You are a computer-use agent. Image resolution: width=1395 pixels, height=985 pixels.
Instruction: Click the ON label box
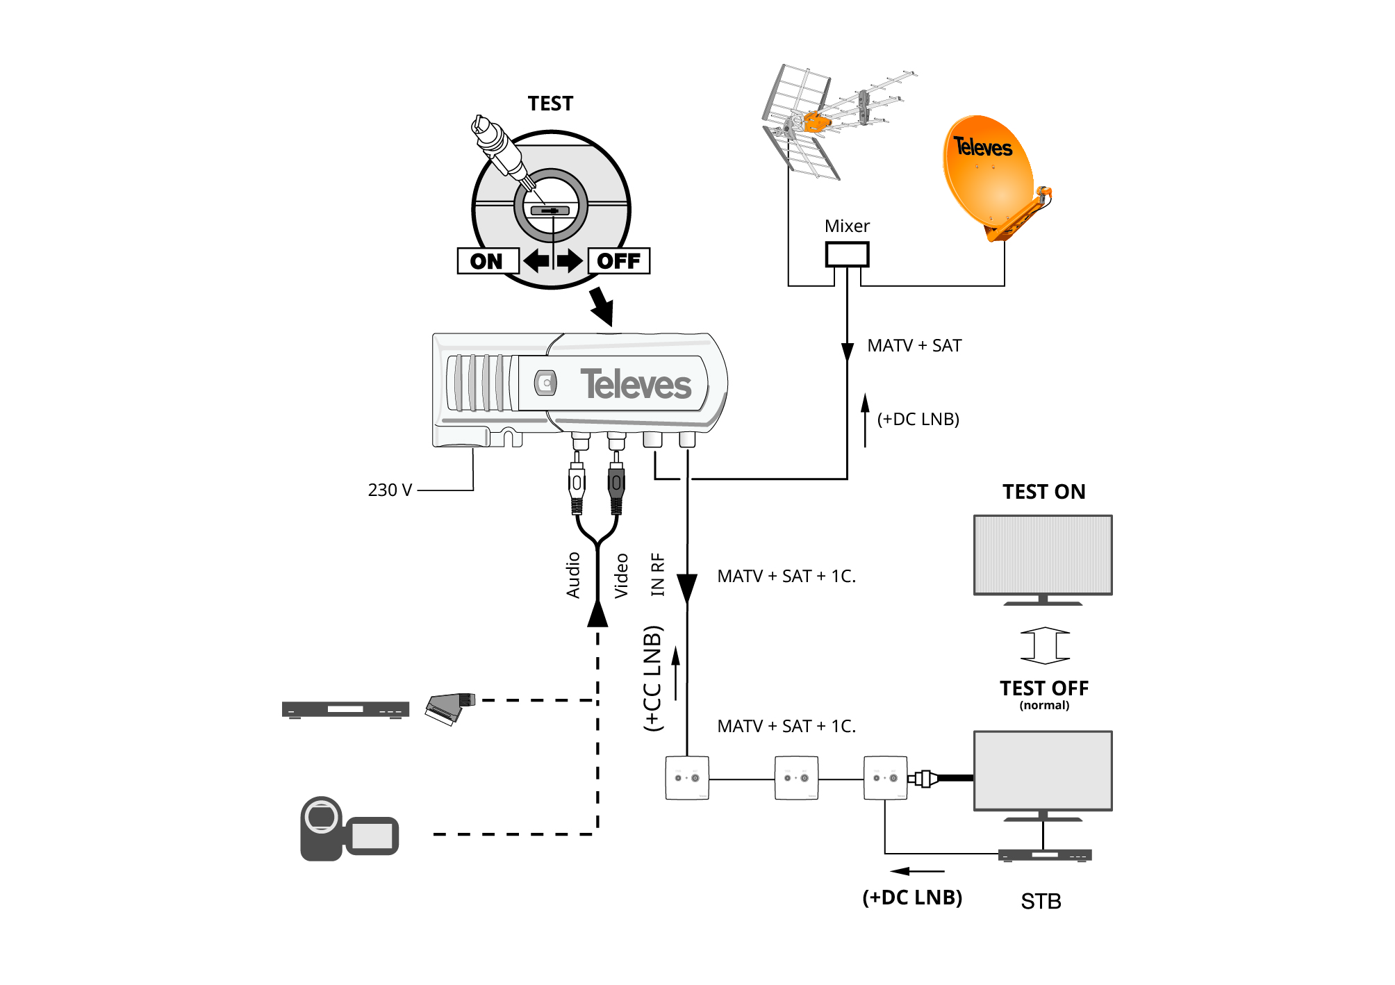(488, 261)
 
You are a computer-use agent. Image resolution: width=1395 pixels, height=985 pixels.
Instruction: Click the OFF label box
(619, 261)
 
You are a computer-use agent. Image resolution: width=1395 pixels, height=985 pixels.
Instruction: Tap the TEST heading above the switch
(550, 104)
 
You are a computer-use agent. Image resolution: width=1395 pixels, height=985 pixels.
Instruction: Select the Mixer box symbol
(847, 254)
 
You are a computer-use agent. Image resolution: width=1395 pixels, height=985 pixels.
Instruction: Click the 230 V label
(390, 490)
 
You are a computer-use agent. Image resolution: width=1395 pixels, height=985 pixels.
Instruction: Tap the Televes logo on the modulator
(636, 384)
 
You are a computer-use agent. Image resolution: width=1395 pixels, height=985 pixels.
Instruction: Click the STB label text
(1041, 902)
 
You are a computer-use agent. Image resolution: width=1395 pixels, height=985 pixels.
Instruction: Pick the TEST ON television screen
(1043, 555)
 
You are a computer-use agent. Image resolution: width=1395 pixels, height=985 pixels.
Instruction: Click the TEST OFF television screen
(1043, 770)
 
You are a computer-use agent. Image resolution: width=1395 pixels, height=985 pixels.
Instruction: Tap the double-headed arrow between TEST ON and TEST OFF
(1045, 645)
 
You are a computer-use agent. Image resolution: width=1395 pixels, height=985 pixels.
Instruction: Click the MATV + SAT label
(914, 346)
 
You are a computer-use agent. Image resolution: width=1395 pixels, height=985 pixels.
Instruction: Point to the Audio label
(573, 575)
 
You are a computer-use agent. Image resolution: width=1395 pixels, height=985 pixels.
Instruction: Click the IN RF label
(657, 574)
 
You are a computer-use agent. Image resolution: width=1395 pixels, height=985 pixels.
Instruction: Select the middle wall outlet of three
(796, 778)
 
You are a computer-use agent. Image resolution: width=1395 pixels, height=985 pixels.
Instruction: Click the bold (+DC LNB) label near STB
(912, 897)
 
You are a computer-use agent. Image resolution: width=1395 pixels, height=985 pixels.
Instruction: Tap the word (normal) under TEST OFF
(1044, 705)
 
